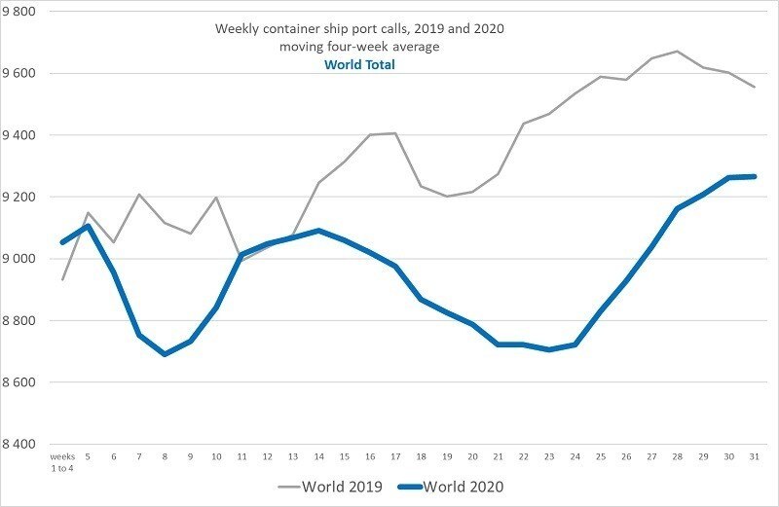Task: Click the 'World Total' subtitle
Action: [x=360, y=65]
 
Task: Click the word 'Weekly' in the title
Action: [x=237, y=29]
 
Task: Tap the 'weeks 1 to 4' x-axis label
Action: [x=62, y=460]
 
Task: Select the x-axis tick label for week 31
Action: [x=755, y=455]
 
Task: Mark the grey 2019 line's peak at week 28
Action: [x=678, y=51]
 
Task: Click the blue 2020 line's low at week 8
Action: [x=164, y=354]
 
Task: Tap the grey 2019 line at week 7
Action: [x=139, y=195]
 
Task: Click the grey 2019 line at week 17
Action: [x=396, y=133]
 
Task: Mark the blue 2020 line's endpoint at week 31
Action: [x=755, y=176]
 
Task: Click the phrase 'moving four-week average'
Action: [x=360, y=47]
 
